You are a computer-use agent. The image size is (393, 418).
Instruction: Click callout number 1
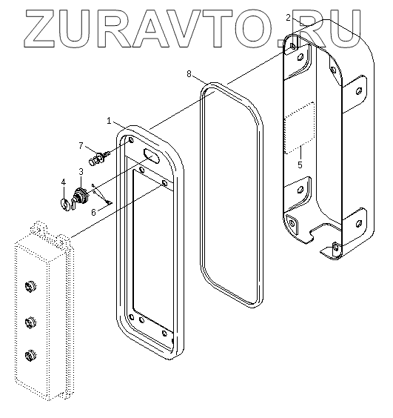pyautogui.click(x=109, y=121)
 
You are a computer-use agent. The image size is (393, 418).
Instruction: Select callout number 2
pyautogui.click(x=289, y=17)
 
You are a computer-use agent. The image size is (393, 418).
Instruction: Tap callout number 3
pyautogui.click(x=81, y=171)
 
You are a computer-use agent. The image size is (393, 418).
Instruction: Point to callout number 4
pyautogui.click(x=63, y=182)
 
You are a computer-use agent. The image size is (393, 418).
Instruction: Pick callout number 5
pyautogui.click(x=300, y=165)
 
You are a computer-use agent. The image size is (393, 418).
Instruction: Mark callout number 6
pyautogui.click(x=93, y=212)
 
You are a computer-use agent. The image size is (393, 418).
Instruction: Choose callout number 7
pyautogui.click(x=81, y=146)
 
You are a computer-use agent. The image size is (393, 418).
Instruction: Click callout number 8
pyautogui.click(x=189, y=74)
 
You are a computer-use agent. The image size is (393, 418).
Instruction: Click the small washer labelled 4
pyautogui.click(x=65, y=204)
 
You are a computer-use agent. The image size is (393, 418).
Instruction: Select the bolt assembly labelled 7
pyautogui.click(x=99, y=158)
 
